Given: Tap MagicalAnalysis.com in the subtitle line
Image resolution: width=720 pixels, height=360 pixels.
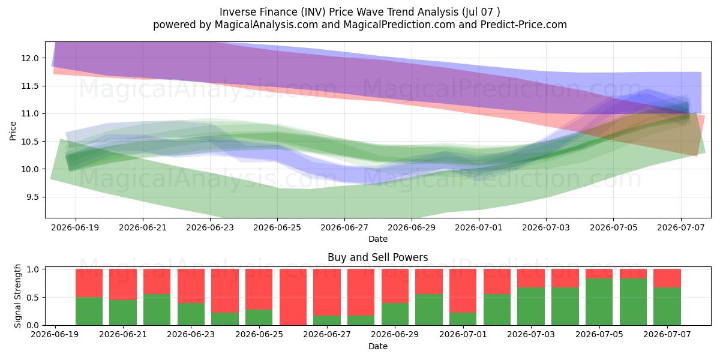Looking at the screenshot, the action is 266,25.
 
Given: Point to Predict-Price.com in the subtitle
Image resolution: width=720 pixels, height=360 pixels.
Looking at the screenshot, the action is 524,25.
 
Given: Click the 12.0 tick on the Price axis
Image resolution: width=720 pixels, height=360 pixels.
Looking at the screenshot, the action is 30,58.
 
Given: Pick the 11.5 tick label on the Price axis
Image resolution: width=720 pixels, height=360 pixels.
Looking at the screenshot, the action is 30,86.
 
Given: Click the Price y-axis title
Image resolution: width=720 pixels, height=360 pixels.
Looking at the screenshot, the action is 13,131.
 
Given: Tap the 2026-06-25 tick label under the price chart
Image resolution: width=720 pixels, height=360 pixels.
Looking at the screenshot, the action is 277,227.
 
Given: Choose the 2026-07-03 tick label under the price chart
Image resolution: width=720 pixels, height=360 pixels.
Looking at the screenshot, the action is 546,227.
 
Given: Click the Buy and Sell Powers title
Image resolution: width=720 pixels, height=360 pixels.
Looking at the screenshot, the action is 377,257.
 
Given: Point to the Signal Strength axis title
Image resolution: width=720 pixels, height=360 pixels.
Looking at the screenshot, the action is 17,296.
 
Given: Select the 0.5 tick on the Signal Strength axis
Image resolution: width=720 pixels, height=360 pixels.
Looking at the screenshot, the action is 32,298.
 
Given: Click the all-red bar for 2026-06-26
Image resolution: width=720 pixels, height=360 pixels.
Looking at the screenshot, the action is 293,297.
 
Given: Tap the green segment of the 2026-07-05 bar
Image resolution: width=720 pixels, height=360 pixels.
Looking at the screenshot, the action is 599,302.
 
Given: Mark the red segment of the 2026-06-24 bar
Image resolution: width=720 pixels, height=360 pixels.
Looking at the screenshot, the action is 225,291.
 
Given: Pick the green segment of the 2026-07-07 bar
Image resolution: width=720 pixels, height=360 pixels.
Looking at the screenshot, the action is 667,307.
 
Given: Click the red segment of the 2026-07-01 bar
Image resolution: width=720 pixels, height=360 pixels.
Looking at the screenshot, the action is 463,291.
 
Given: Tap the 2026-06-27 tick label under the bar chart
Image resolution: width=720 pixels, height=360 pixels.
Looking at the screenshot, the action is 327,334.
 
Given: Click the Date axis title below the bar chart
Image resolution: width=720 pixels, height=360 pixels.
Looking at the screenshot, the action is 377,346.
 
